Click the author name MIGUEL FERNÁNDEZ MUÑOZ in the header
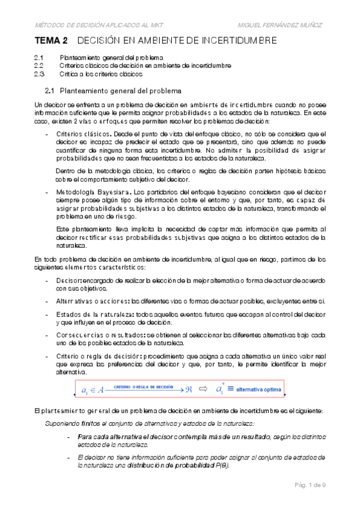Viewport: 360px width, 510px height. pyautogui.click(x=281, y=25)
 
